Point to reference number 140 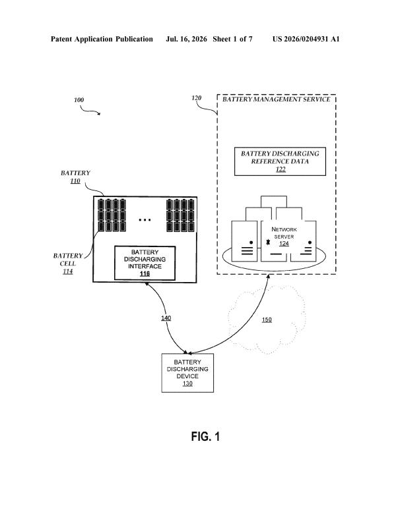166,318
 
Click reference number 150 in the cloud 267,320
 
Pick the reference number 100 79,100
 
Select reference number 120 197,98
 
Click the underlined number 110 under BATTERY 75,181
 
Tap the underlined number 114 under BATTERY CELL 68,271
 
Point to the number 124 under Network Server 284,243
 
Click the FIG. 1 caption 205,436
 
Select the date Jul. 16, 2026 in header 186,39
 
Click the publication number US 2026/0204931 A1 306,39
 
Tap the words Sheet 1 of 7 232,39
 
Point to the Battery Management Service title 277,99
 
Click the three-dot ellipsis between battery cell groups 145,220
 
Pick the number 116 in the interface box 145,274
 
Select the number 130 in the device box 187,383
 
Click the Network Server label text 284,233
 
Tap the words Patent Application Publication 102,39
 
